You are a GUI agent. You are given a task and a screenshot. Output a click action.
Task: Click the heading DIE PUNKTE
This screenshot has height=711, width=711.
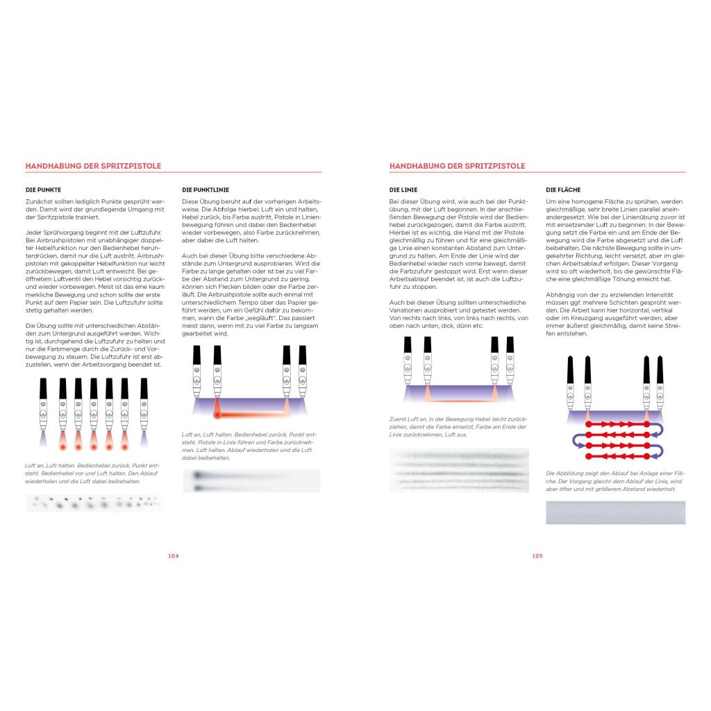coord(43,190)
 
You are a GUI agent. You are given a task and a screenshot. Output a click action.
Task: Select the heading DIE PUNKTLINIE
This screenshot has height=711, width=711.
coord(206,190)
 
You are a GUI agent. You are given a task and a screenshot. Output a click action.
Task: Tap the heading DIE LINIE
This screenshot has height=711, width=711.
coord(403,190)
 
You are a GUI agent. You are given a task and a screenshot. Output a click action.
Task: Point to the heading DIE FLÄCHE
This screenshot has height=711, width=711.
coord(563,190)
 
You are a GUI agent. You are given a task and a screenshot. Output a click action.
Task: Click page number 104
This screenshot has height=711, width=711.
coord(174,555)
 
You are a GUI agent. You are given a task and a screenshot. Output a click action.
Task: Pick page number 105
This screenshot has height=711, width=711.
coord(537,555)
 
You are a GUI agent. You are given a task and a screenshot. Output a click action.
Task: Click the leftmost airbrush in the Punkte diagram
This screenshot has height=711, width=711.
coord(43,403)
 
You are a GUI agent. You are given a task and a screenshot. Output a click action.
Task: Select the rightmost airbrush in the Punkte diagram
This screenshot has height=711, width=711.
coord(144,403)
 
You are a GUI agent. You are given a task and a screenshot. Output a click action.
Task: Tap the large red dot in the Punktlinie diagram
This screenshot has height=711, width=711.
coord(217,413)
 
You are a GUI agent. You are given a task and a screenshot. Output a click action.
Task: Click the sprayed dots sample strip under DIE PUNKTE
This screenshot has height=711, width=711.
coord(95,503)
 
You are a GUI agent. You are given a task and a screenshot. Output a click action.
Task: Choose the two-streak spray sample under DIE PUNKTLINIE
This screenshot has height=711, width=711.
coord(251,480)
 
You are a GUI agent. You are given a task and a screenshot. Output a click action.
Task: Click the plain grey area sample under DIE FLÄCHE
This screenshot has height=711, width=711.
coord(615,512)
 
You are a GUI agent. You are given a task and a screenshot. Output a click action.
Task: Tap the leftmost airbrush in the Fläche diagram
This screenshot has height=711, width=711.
coord(570,382)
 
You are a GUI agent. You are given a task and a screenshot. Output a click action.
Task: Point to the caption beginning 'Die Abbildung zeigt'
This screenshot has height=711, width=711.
coord(614,480)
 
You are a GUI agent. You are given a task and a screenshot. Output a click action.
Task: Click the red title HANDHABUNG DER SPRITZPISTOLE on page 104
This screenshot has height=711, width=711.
coord(93,166)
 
